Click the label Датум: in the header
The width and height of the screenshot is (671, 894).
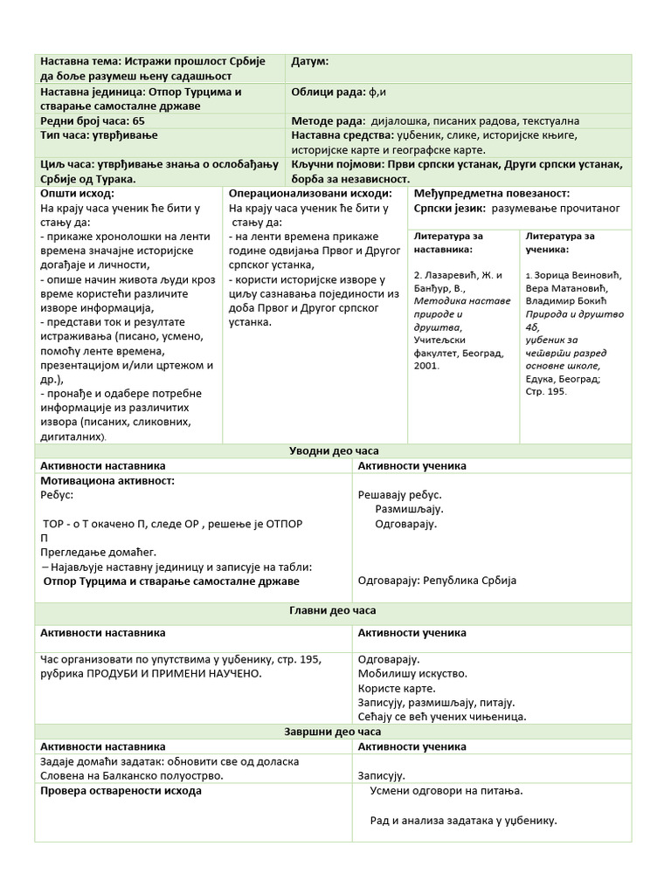pos(309,62)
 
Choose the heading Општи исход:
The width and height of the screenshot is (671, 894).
pos(77,194)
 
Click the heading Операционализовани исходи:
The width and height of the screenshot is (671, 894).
pos(310,194)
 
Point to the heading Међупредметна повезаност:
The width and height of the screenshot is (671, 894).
pos(491,194)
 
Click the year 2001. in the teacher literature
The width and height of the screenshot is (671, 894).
pos(427,366)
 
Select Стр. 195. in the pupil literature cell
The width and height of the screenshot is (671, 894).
pos(546,391)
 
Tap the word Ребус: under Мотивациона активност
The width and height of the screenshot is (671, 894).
pos(58,494)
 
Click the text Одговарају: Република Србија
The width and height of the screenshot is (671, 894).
pos(438,580)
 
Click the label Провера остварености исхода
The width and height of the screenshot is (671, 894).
pos(121,791)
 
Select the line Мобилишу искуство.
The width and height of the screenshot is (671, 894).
pos(412,673)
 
